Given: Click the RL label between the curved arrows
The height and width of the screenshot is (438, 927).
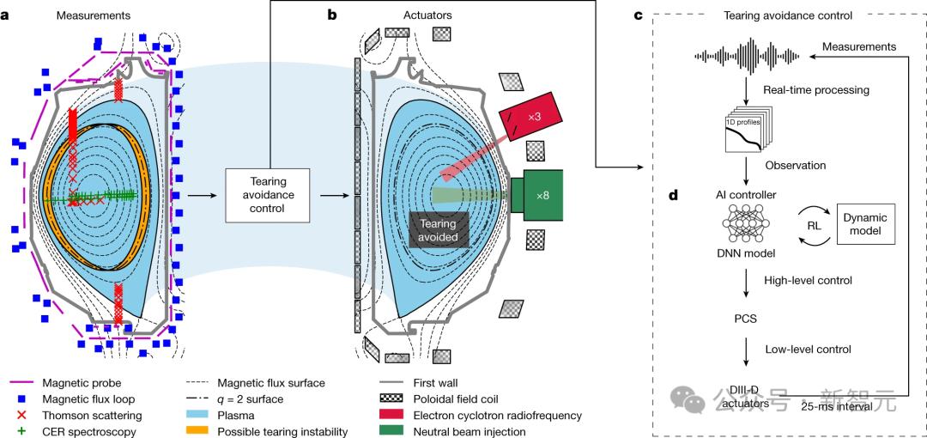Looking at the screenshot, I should [x=813, y=224].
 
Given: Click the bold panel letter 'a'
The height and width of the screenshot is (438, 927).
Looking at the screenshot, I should [x=16, y=15].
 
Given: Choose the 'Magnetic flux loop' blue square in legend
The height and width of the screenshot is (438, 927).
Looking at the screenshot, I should [x=23, y=398].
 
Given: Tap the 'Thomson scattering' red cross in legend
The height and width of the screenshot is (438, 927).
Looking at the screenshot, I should [x=23, y=416].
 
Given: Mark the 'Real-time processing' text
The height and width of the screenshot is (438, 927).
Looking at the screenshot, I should [x=815, y=89].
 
